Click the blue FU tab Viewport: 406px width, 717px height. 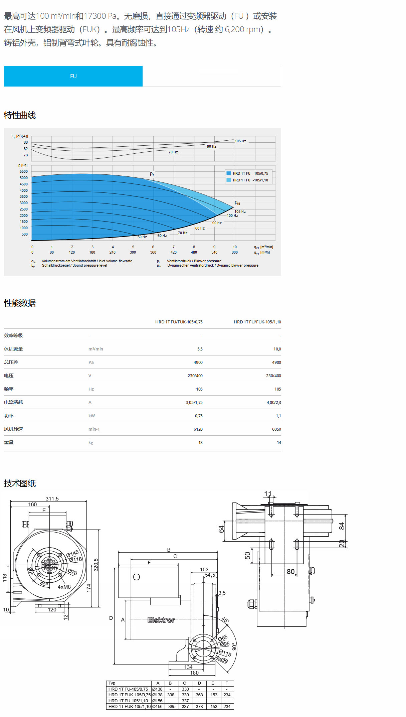[x=73, y=76]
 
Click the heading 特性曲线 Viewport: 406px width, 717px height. [x=20, y=115]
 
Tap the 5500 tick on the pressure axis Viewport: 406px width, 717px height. [x=24, y=171]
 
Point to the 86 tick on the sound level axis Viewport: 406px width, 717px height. [x=26, y=142]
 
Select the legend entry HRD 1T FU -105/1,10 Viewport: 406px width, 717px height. [x=250, y=180]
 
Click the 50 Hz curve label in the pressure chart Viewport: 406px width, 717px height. [x=142, y=237]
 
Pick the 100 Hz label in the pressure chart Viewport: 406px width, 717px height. [x=232, y=216]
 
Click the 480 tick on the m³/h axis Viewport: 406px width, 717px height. [x=194, y=252]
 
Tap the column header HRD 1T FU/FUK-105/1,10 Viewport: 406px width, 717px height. [x=257, y=322]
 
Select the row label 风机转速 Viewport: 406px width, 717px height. [x=13, y=429]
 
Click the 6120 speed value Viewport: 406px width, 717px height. [x=198, y=429]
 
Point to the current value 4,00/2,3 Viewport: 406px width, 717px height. [x=273, y=402]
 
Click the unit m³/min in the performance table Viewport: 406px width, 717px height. [x=95, y=349]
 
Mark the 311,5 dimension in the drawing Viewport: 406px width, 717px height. [x=52, y=498]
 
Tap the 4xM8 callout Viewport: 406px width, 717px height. [x=64, y=587]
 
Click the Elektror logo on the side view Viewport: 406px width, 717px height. [x=161, y=620]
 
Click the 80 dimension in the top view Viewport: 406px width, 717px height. [x=290, y=571]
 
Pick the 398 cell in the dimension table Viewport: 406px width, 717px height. [x=171, y=695]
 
